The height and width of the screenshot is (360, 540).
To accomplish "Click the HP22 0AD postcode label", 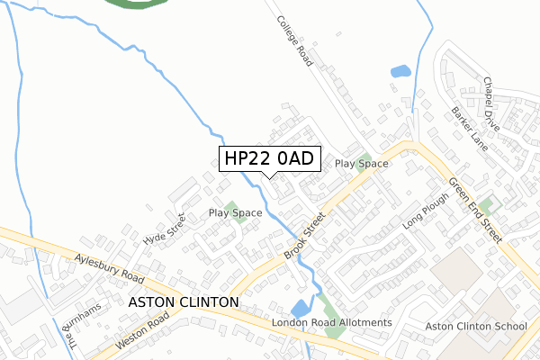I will pyautogui.click(x=268, y=158).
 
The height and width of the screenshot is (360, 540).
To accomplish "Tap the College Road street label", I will pyautogui.click(x=293, y=41).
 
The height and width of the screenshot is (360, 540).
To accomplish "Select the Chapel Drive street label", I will pyautogui.click(x=489, y=95).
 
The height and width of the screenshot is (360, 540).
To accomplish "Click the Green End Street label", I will pyautogui.click(x=476, y=210).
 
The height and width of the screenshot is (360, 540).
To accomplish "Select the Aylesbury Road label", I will pyautogui.click(x=110, y=265).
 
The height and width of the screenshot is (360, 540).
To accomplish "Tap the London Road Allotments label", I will pyautogui.click(x=332, y=322).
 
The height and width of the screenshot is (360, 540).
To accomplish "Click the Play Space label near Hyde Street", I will pyautogui.click(x=235, y=213).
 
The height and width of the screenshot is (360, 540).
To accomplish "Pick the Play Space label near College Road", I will pyautogui.click(x=361, y=164).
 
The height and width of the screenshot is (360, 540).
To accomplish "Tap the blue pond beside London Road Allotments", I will pyautogui.click(x=301, y=308).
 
